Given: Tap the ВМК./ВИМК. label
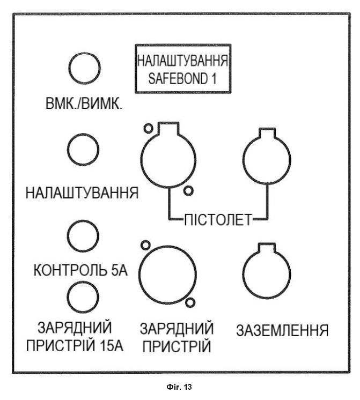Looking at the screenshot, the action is [84, 104].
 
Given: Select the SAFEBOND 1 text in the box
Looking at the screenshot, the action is [182, 78].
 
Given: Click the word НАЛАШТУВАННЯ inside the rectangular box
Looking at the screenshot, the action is [182, 61].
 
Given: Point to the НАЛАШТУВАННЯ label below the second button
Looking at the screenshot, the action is [82, 192].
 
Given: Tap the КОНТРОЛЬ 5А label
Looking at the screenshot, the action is [80, 270].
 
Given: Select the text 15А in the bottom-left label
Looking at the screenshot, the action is [112, 346].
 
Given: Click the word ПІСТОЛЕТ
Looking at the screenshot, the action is [218, 220].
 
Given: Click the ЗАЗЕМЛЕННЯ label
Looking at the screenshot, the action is [282, 331].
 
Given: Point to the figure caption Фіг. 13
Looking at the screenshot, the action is [179, 387].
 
